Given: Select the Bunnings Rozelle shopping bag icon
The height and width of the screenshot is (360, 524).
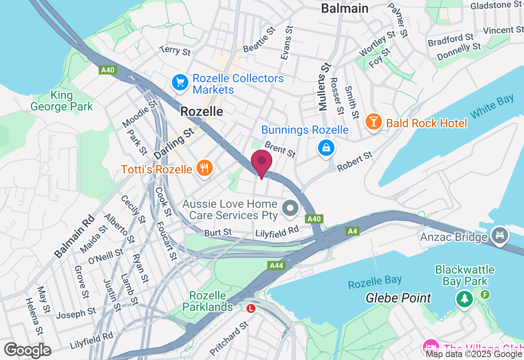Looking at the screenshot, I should coord(326,148).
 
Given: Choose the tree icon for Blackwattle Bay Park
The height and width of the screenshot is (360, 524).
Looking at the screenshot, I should coord(465,299).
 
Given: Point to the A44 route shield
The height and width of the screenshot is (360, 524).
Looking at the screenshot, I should coord(277,265).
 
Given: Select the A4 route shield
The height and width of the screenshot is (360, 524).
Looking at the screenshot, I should coord(352,231).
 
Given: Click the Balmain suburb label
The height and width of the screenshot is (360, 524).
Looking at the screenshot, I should coord(344,8).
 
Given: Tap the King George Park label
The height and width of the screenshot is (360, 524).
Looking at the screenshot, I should coord(62,101).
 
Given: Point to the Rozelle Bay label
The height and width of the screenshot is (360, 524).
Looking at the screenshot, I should coord(375,282).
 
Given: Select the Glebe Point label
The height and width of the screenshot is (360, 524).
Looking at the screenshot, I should coord(398,298).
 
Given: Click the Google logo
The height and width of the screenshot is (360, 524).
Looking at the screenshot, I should coord(27,351).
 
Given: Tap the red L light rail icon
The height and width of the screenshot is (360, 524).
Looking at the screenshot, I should coord(251,308).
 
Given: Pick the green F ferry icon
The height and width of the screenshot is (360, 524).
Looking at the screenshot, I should coord(485,294).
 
